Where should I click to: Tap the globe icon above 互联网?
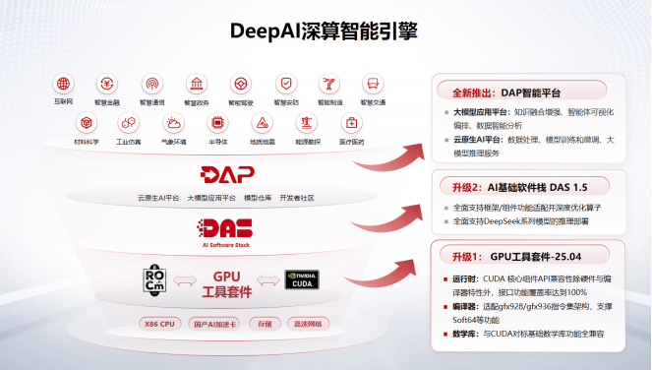pos(64,84)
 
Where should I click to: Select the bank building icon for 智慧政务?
pos(196,84)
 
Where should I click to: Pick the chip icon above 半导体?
pos(217,123)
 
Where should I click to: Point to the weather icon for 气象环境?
pos(174,123)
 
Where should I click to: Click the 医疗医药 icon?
pos(351,123)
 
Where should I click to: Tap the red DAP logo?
pos(227,174)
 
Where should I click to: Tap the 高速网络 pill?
pos(311,324)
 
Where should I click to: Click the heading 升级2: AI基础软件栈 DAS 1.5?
pos(518,186)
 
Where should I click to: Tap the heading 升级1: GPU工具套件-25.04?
pos(518,256)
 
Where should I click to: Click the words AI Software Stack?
pos(227,246)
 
